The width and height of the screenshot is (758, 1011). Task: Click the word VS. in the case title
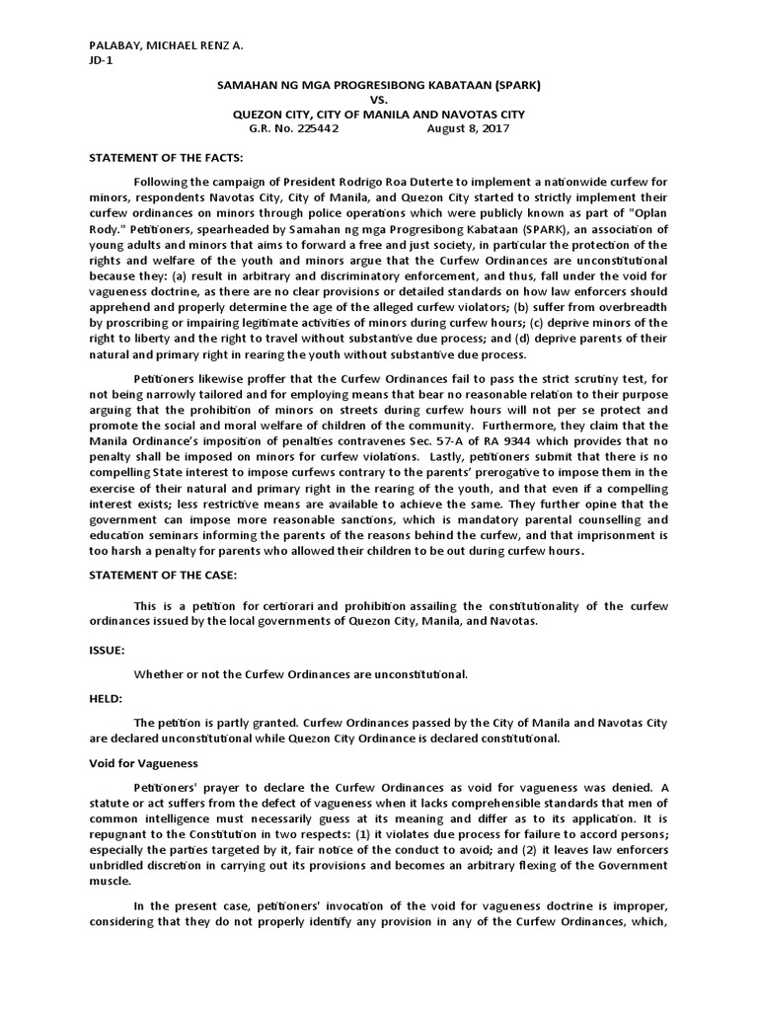click(379, 101)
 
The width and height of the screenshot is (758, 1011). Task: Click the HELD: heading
click(105, 697)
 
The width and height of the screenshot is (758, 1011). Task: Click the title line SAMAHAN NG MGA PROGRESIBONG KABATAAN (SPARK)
click(378, 87)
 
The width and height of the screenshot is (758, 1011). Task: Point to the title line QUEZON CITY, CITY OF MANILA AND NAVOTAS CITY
click(378, 115)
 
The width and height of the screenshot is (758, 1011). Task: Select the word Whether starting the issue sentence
click(159, 674)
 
